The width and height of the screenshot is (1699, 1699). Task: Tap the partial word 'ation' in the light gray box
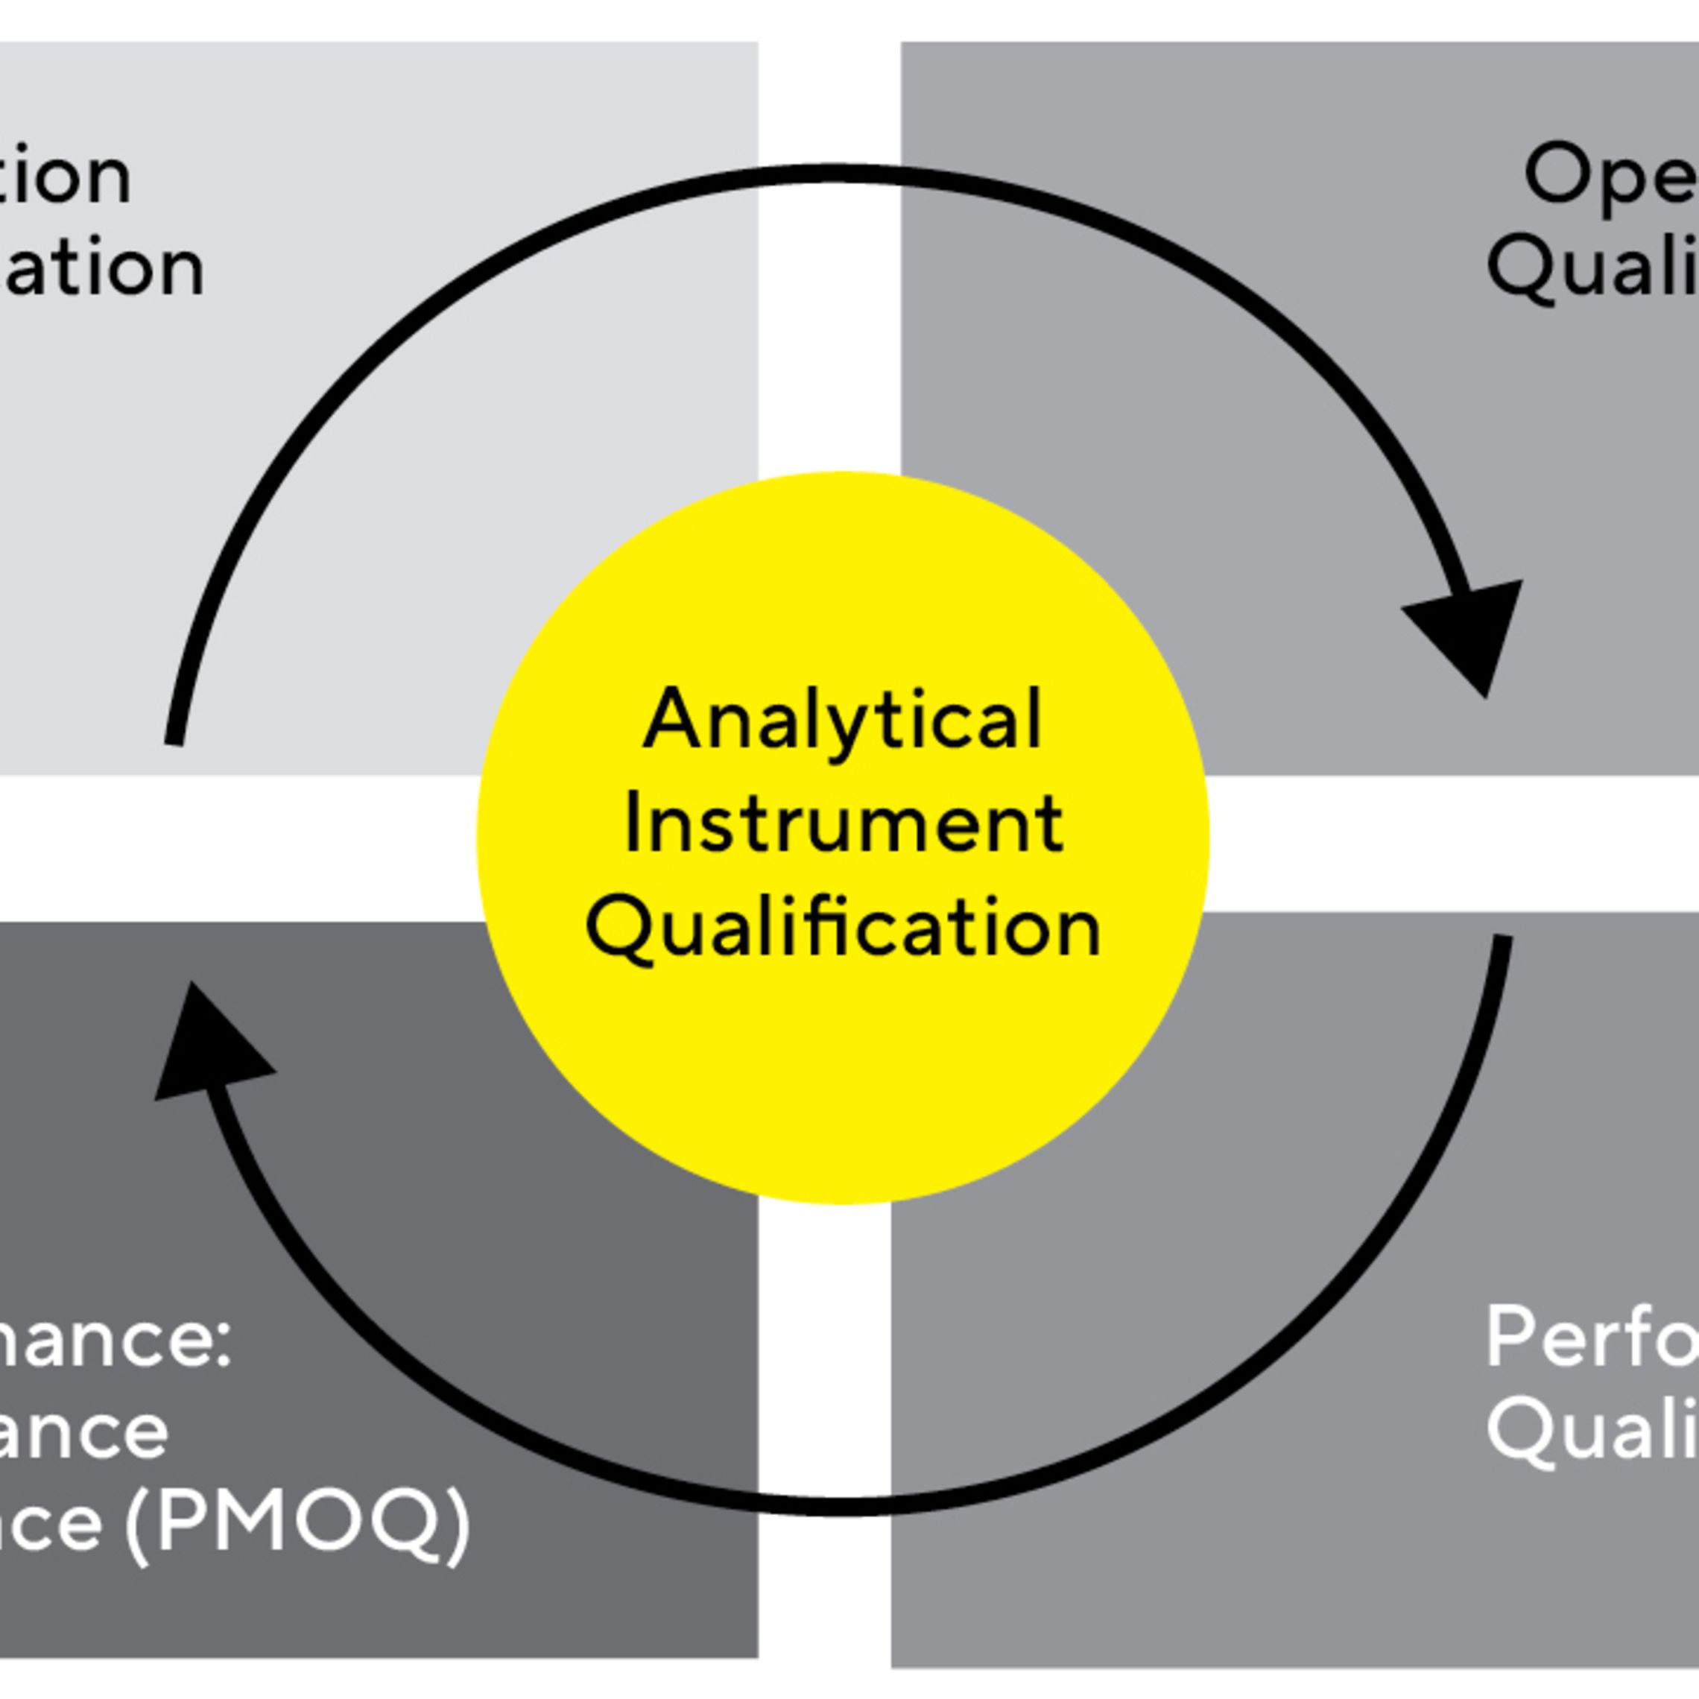click(x=102, y=268)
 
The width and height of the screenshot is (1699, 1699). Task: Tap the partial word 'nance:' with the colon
click(x=114, y=1342)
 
